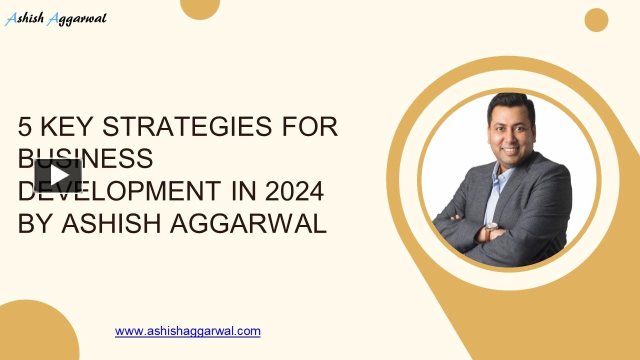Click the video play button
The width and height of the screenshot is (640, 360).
pos(58,175)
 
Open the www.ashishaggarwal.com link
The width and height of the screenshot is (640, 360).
pos(187,331)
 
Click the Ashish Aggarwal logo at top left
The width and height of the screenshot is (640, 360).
pos(55,19)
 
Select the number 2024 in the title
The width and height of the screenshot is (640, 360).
pos(294,191)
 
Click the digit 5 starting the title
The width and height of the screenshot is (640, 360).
pos(24,127)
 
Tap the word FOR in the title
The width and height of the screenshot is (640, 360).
pos(310,127)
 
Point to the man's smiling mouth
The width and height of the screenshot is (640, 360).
pos(510,149)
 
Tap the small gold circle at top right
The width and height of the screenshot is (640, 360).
pos(596,20)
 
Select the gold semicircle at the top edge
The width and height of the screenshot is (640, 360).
pos(200,8)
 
